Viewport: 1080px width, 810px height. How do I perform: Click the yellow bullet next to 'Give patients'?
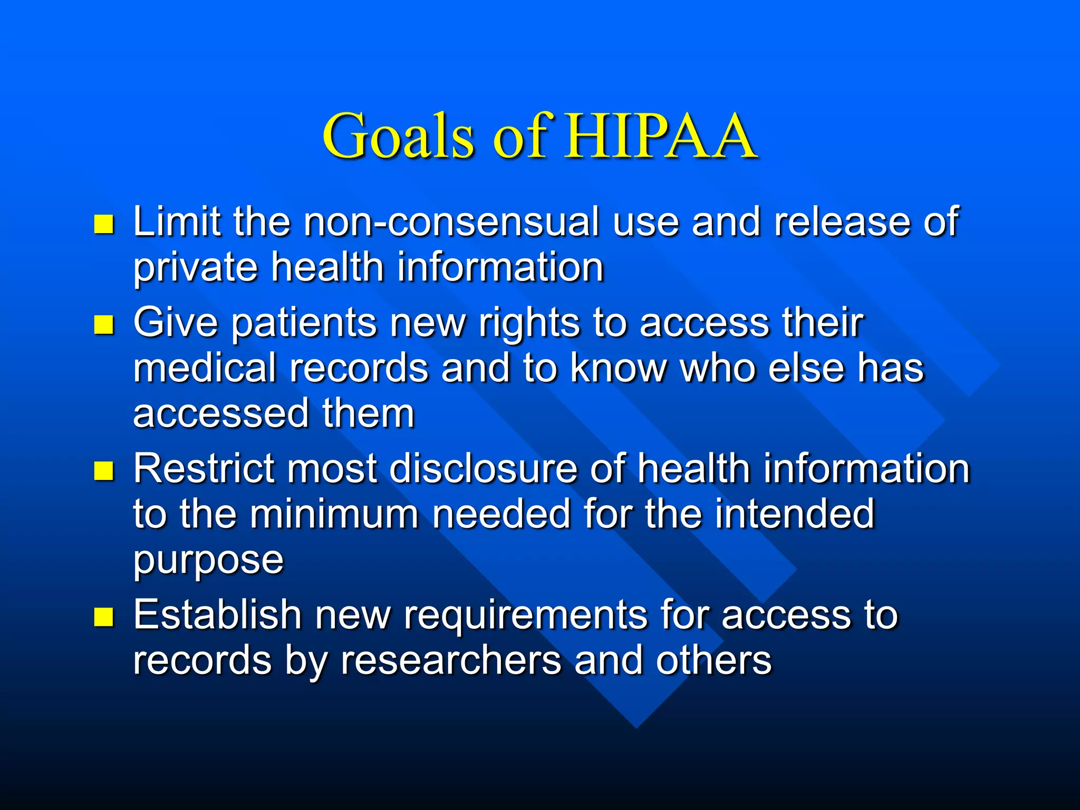[x=104, y=325]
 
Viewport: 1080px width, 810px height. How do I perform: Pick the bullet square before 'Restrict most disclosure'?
[x=104, y=471]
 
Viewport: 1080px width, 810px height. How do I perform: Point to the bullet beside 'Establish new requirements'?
[x=104, y=616]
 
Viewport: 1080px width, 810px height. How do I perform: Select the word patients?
[x=304, y=323]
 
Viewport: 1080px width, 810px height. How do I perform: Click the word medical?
[x=205, y=368]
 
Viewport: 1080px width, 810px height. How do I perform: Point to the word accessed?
[x=220, y=414]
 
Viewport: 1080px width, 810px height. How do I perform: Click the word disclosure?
[x=483, y=468]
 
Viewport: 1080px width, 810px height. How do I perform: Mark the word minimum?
[x=334, y=514]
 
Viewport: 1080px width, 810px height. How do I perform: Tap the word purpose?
[x=208, y=561]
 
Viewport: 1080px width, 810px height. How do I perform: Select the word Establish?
[x=217, y=614]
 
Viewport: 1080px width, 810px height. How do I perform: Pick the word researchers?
[x=451, y=661]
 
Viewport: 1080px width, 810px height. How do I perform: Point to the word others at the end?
[x=713, y=660]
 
